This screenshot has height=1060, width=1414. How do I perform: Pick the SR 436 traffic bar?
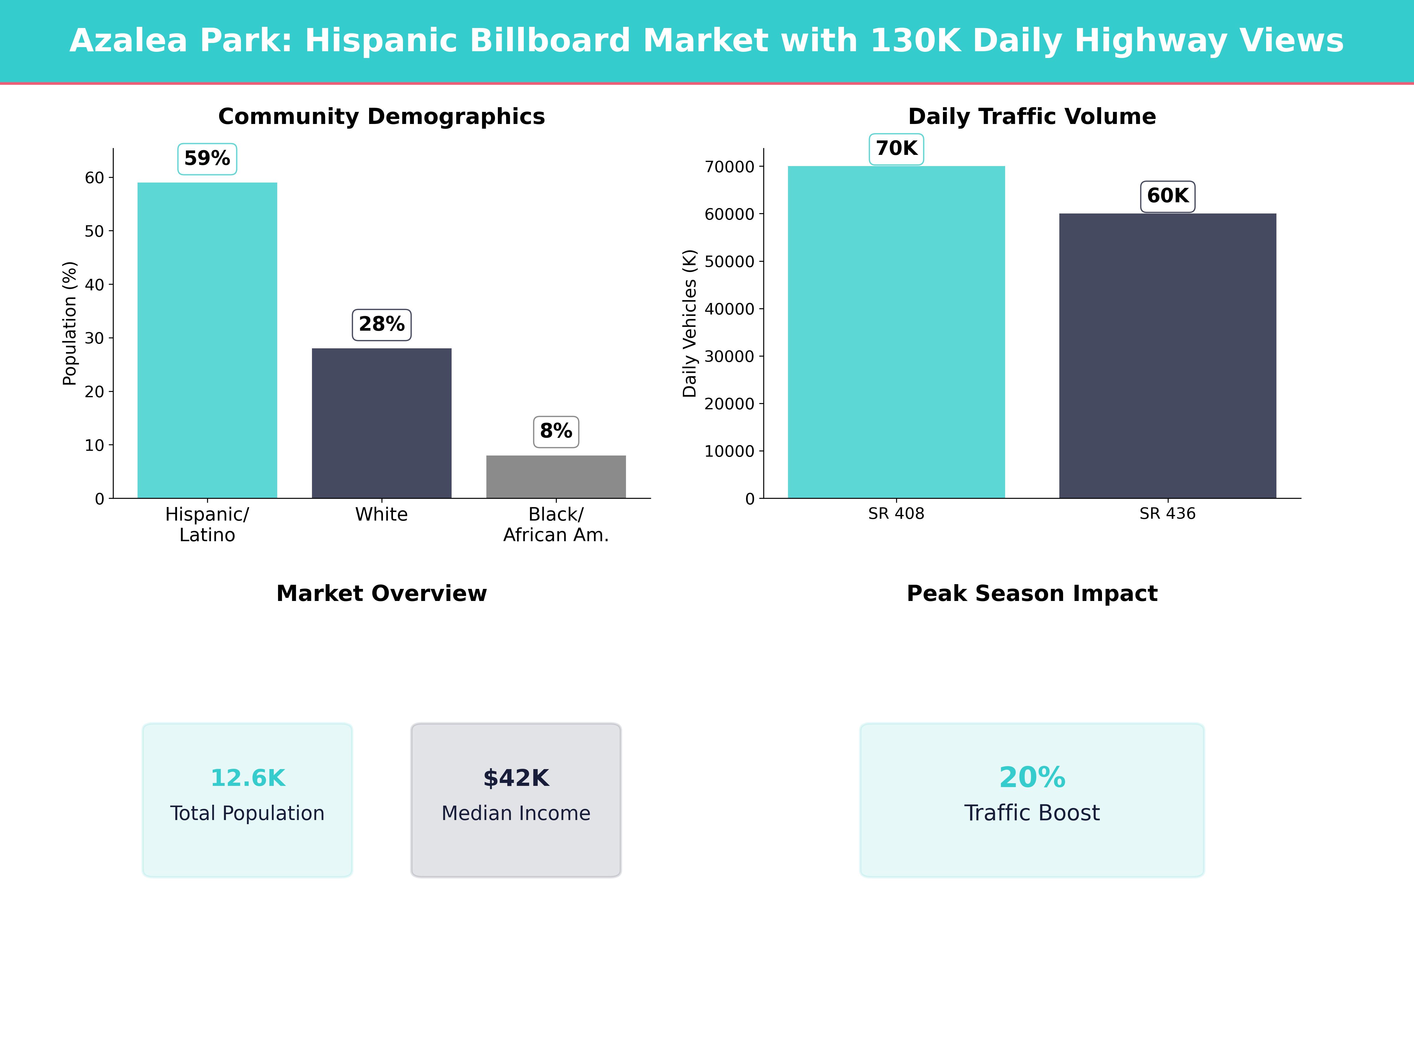(x=1167, y=356)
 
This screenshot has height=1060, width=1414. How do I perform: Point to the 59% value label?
(x=207, y=158)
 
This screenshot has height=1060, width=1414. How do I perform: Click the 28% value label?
(x=381, y=324)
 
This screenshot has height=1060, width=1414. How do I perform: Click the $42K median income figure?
(x=516, y=778)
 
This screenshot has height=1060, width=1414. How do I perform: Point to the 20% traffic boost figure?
(x=1032, y=778)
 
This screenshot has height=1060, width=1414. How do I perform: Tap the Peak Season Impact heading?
(x=1032, y=594)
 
